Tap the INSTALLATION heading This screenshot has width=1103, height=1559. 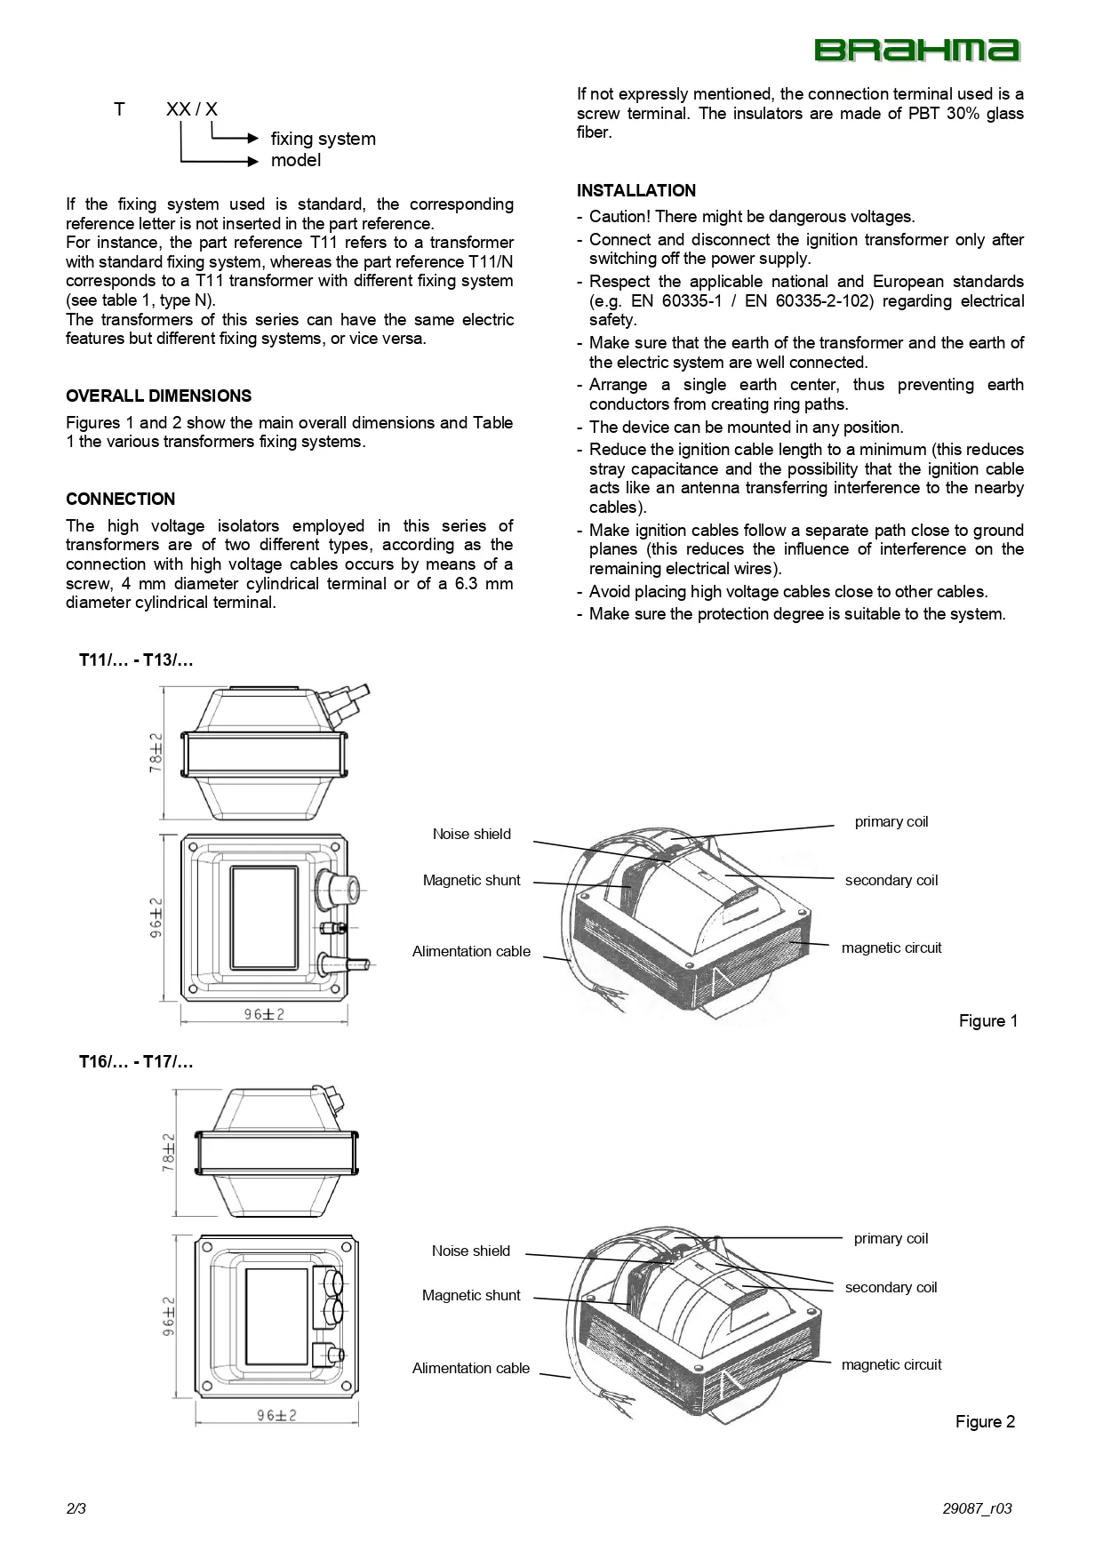[635, 191]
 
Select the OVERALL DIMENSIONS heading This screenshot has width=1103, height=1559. [158, 396]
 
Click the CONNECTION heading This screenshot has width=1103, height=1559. [120, 500]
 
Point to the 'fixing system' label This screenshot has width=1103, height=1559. [323, 139]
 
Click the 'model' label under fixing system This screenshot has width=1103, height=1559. [296, 161]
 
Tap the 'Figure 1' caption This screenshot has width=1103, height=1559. [987, 1021]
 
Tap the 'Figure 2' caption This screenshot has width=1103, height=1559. [985, 1422]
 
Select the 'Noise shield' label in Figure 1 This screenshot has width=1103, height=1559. [471, 835]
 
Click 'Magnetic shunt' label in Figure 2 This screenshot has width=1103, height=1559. [471, 1296]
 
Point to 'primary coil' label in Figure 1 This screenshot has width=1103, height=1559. [891, 822]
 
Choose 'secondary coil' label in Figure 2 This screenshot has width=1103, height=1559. [891, 1288]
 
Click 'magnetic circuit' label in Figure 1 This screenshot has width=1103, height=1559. [891, 948]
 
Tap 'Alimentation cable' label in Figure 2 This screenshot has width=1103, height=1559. [470, 1369]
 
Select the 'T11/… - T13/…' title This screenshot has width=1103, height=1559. [136, 660]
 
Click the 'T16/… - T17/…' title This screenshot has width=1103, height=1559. [136, 1062]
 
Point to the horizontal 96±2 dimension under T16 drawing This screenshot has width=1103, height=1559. [276, 1416]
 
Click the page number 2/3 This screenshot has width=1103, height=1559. [76, 1509]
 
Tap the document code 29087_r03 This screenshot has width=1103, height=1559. [977, 1509]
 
